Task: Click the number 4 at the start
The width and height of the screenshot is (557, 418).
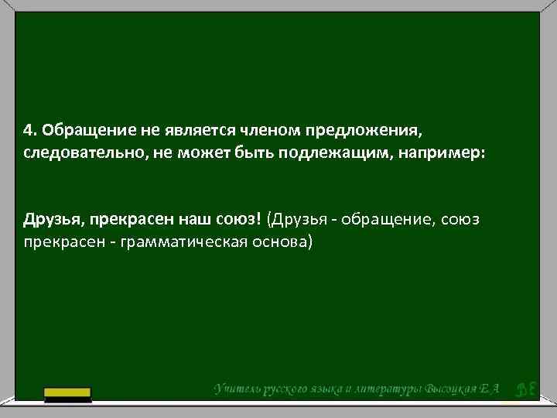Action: [28, 127]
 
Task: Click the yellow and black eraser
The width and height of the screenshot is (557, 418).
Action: [67, 395]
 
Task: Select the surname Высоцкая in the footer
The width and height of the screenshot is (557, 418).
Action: [456, 387]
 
